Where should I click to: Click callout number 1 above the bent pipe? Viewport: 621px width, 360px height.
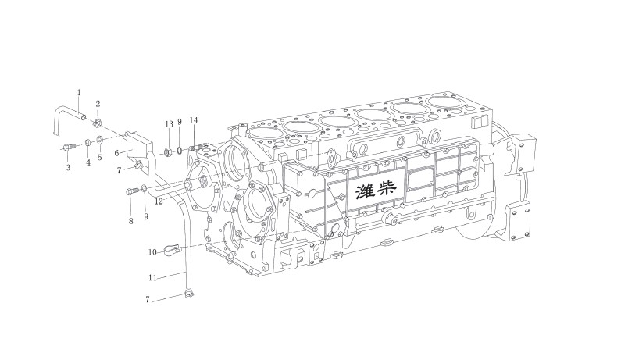pos(79,93)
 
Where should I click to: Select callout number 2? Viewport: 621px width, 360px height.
pos(98,104)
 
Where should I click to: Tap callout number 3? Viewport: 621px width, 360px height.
pos(68,168)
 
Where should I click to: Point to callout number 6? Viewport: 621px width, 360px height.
pos(116,153)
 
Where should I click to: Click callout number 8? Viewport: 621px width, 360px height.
pos(131,221)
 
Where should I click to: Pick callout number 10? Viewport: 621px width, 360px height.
pos(152,252)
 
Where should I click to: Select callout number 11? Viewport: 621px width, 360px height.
pos(152,278)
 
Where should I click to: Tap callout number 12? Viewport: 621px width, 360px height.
pos(159,201)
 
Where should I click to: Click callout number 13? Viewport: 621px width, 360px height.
pos(169,124)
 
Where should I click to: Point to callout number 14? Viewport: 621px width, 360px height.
pos(194,120)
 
